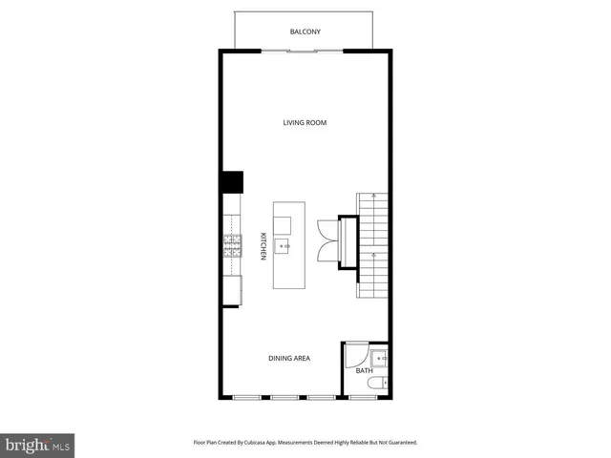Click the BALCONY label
pyautogui.click(x=305, y=32)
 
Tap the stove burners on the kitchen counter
pyautogui.click(x=232, y=246)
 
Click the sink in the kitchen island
pyautogui.click(x=284, y=246)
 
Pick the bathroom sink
pyautogui.click(x=380, y=360)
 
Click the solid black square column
pyautogui.click(x=232, y=182)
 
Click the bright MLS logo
pyautogui.click(x=37, y=445)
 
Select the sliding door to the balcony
pyautogui.click(x=305, y=50)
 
